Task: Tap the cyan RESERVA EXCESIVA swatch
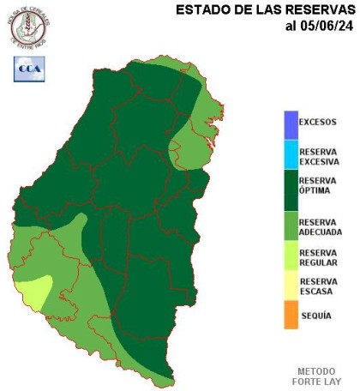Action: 291,156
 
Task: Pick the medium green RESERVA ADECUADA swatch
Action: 291,225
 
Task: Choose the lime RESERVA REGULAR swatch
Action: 291,256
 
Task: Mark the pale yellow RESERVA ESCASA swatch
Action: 291,286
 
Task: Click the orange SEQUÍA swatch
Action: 291,315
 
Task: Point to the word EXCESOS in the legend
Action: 318,122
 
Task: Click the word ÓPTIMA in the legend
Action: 315,190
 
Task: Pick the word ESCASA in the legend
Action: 315,292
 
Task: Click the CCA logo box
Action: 29,69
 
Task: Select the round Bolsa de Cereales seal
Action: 29,26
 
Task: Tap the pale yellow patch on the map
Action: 33,292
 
